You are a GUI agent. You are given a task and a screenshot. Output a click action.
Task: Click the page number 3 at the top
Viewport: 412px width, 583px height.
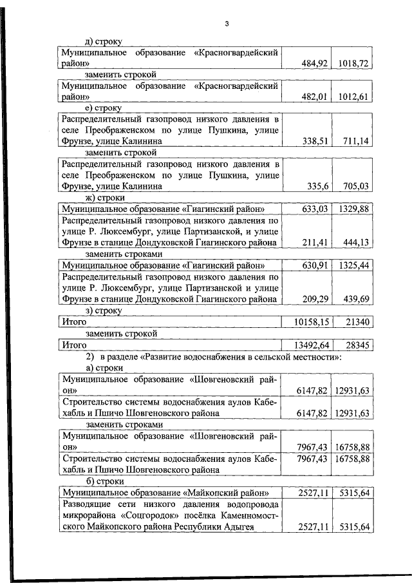[227, 24]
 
